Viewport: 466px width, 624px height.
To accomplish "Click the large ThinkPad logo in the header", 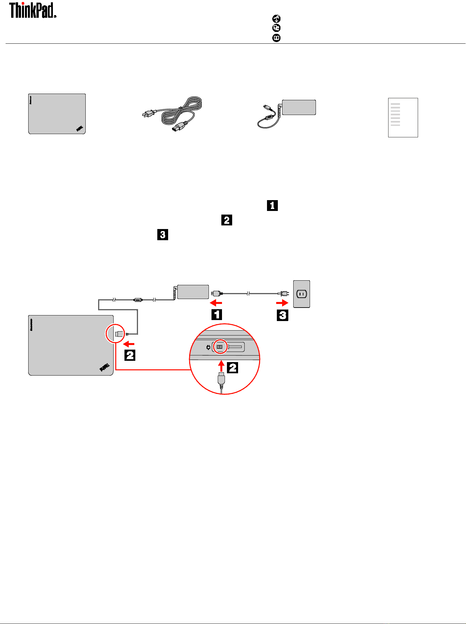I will coord(32,10).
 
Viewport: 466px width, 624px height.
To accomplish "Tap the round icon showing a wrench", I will coord(277,19).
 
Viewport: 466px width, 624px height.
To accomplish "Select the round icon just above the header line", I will coord(277,38).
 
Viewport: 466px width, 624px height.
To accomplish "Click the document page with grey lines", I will coord(403,117).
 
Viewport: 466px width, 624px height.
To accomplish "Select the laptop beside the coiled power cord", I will coord(57,114).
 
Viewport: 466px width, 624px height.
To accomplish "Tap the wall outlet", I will coord(301,294).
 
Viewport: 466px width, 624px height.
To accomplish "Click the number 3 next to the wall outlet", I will coord(282,315).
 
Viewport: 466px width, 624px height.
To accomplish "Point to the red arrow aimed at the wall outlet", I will coord(282,303).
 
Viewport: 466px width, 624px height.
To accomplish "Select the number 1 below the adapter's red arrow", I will coord(216,314).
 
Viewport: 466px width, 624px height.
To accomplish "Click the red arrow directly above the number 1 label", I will coord(216,303).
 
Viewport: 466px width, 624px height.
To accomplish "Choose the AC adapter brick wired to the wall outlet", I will coord(193,292).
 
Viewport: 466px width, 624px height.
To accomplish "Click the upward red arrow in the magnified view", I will coord(222,366).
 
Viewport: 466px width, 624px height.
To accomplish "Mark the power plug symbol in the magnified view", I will coord(208,347).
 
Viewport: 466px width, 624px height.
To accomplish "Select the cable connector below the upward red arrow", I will coord(221,380).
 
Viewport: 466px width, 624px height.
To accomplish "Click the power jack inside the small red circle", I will coord(220,347).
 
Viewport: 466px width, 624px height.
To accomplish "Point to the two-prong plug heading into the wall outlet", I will coord(283,293).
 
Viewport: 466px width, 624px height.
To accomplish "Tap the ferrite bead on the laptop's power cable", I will coord(138,300).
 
